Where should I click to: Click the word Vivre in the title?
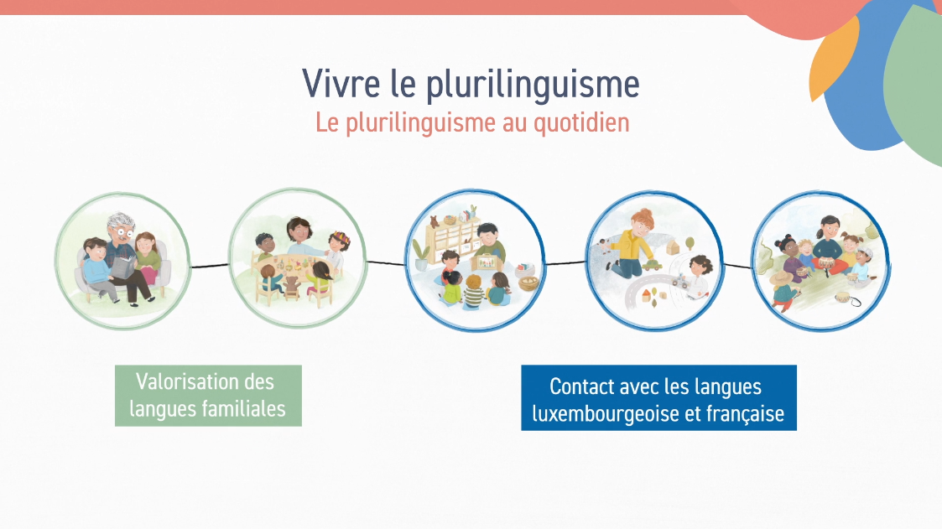click(341, 84)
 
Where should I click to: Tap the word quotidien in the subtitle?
click(581, 123)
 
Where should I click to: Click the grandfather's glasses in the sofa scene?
click(124, 231)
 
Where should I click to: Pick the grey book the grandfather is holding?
click(123, 267)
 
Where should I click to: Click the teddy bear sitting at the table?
click(291, 288)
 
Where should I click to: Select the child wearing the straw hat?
click(783, 291)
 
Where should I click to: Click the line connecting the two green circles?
click(210, 266)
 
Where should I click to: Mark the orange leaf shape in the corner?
click(832, 60)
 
